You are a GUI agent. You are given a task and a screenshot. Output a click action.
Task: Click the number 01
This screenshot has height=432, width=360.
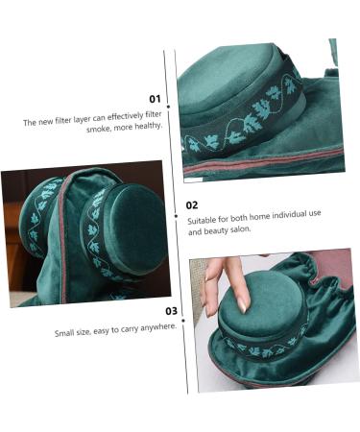coord(155,99)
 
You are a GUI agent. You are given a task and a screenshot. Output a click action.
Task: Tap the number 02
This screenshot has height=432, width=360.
coord(192,204)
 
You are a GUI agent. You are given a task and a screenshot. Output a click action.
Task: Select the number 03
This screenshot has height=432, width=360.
coord(171,310)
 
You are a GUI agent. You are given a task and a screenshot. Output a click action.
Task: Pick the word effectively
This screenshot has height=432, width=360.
coord(121,114)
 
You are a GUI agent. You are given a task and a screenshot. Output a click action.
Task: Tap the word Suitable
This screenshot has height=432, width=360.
coord(202,220)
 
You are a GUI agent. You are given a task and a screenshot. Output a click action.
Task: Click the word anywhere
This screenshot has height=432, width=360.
coord(158,326)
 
